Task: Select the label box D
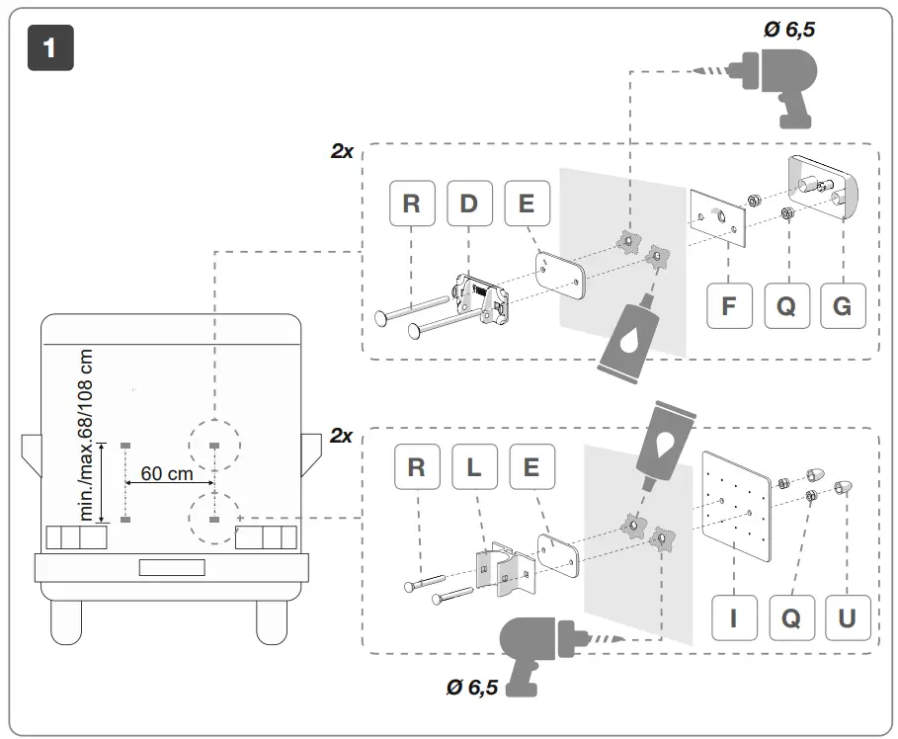click(469, 205)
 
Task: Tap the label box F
click(728, 306)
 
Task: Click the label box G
click(843, 306)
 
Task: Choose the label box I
click(733, 618)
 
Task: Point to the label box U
click(847, 618)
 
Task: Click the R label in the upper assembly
click(412, 205)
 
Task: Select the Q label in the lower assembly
click(790, 618)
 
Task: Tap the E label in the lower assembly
click(531, 467)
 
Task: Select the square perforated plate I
click(734, 503)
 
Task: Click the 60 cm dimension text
click(166, 473)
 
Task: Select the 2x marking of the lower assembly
click(341, 436)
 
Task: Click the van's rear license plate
click(171, 568)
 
